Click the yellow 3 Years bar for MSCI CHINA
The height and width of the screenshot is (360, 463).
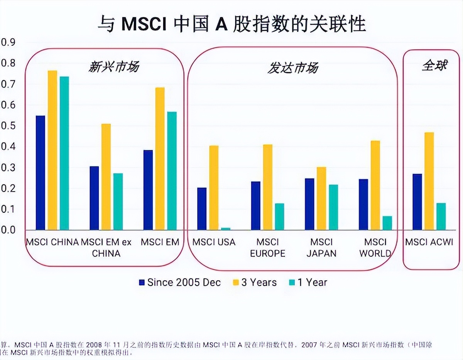point(52,150)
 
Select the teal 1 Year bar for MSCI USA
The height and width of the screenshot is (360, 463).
point(226,229)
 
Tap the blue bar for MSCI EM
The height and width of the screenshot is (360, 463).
point(148,190)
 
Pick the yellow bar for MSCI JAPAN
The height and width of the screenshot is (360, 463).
point(321,199)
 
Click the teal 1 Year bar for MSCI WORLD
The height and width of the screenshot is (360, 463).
point(387,223)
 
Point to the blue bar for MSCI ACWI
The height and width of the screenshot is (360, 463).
point(417,202)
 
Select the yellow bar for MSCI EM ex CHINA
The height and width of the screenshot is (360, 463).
point(106,177)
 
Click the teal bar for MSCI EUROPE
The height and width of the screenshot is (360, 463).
point(279,217)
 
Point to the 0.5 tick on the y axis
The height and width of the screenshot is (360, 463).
point(8,126)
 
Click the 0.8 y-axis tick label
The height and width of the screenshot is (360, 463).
point(8,63)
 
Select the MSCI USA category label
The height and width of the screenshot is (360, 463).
point(214,242)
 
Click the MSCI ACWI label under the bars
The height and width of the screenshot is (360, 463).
point(429,242)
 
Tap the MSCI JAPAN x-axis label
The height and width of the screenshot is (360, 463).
point(321,247)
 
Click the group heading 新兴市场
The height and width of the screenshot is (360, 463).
point(113,67)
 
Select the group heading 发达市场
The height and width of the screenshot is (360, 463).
point(293,68)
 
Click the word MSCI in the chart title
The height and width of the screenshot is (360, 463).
point(144,25)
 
